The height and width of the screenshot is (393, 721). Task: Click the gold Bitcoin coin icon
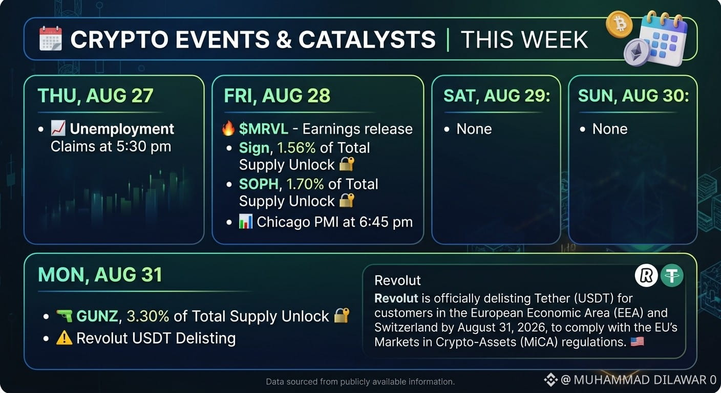coord(619,25)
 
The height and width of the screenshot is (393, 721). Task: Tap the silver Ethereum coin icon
coord(637,52)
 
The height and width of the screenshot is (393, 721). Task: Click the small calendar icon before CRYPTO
coord(51,38)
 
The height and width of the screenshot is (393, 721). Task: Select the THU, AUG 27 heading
coord(96,96)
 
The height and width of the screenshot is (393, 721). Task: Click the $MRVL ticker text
coord(263,129)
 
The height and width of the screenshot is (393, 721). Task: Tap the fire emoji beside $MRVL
coord(228,128)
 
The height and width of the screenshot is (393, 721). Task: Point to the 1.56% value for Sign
coord(296,148)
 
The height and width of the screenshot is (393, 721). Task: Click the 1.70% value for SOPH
coord(305,184)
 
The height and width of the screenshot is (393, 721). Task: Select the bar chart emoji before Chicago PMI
coord(246,222)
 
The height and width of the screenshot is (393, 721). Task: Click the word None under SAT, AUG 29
coord(474,129)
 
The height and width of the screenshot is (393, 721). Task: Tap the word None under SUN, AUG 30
coord(610,129)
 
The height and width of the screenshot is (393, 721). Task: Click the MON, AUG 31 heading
coord(100,275)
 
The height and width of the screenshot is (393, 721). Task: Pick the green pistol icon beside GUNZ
coord(65,316)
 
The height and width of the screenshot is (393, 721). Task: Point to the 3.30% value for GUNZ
coord(148,316)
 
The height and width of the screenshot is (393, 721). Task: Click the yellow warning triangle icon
coord(64,338)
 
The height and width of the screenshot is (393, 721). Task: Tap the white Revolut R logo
coord(646,275)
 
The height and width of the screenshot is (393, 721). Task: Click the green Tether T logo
coord(672,275)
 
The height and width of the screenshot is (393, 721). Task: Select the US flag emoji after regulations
coord(638,341)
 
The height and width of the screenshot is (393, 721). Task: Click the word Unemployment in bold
coord(122,129)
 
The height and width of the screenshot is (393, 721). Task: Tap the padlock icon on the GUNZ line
coord(342,315)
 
